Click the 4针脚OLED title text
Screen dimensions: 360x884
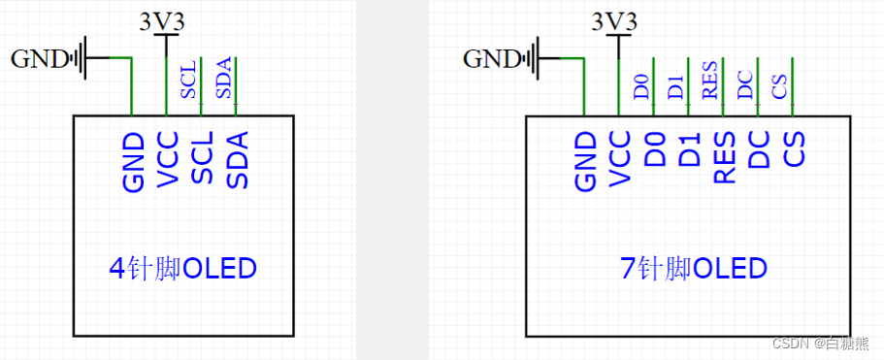click(x=184, y=268)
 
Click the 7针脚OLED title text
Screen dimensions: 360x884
click(x=693, y=268)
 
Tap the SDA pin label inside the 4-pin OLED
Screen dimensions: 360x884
click(x=238, y=160)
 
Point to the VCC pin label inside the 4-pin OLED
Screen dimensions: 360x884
click(x=168, y=160)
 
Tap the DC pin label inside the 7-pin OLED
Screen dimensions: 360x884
click(x=761, y=151)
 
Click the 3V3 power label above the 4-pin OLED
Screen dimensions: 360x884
click(x=164, y=20)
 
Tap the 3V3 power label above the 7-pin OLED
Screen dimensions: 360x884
click(x=614, y=20)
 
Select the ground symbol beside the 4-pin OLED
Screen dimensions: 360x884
click(x=84, y=57)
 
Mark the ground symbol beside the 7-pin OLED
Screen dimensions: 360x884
click(x=537, y=57)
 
